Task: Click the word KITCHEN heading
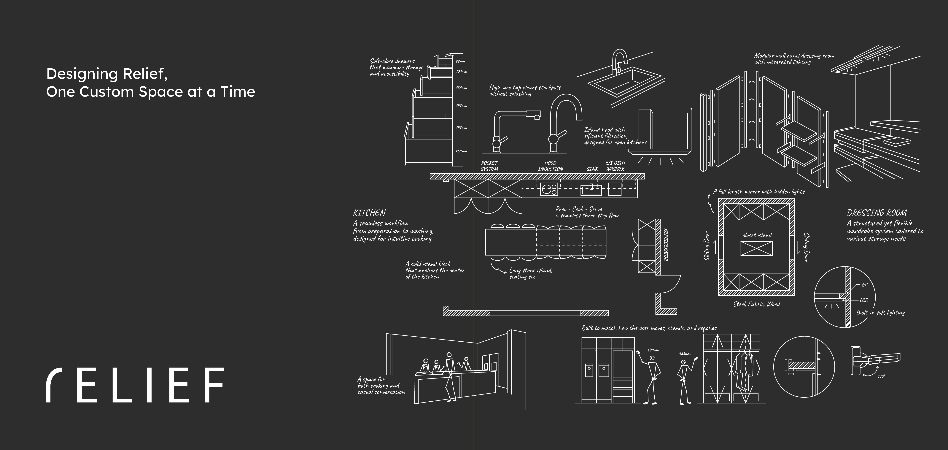(x=369, y=213)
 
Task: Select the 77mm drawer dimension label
(x=460, y=61)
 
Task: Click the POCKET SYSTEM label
(x=489, y=166)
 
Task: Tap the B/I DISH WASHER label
(x=615, y=166)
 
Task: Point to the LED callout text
(x=864, y=300)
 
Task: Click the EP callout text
(x=864, y=285)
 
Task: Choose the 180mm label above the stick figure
(x=653, y=350)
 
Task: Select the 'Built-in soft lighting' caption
(x=880, y=313)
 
